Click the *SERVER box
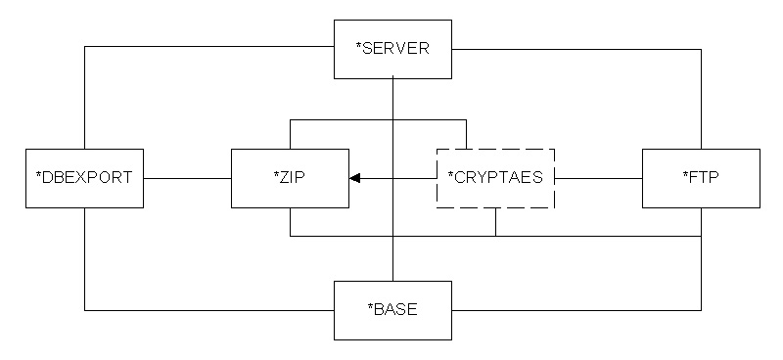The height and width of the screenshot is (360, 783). pos(392,49)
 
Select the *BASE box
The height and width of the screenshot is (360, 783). pos(392,310)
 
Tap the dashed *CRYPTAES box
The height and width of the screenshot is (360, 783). pos(495,178)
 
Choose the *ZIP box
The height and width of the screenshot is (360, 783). pos(290,178)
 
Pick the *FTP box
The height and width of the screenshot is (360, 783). pos(701,178)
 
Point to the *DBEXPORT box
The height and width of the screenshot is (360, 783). pos(84,178)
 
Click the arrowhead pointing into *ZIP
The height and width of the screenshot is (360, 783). pos(354,178)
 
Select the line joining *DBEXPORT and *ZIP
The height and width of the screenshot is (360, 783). pos(187,178)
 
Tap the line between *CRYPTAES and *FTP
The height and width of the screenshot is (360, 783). pos(598,178)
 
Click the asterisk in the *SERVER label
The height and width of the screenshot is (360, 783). pos(358,47)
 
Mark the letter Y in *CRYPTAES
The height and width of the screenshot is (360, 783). pos(483,178)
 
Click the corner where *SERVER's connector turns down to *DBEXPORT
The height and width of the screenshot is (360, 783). pos(85,47)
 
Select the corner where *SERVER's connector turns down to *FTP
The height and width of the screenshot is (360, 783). pos(701,50)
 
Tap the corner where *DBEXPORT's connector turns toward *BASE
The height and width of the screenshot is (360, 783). pos(85,310)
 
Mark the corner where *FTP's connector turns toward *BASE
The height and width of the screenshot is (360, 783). pos(701,310)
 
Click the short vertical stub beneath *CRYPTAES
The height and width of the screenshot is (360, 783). pos(495,222)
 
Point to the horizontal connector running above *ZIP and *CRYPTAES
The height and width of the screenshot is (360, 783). pos(378,119)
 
